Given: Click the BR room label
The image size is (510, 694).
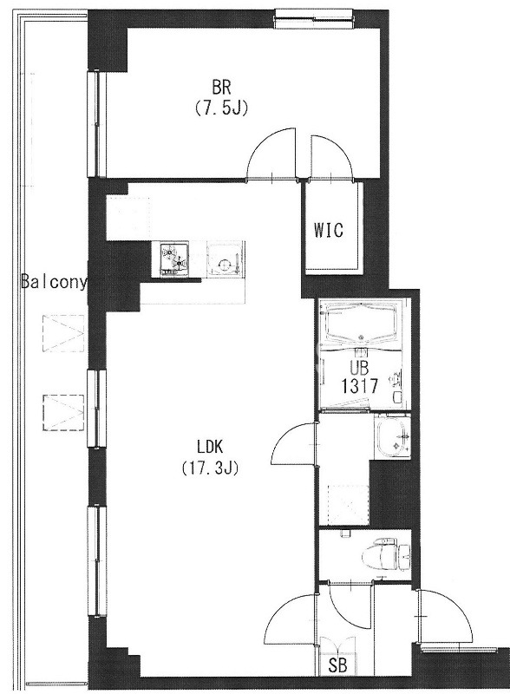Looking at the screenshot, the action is [x=221, y=88].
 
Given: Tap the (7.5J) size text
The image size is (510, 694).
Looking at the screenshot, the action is [x=221, y=108].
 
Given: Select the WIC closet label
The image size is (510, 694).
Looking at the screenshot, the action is [x=329, y=230].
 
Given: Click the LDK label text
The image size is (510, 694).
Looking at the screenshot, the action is [x=210, y=447].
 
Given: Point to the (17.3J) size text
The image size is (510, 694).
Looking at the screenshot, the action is [x=210, y=468].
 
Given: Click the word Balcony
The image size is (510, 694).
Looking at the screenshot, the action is [x=54, y=282].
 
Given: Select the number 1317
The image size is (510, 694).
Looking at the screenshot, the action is [x=360, y=386].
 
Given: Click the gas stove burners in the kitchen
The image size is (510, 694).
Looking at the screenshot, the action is [x=174, y=259].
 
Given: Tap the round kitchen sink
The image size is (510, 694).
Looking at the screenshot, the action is [x=225, y=265].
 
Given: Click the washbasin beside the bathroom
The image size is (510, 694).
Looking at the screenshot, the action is [x=392, y=436].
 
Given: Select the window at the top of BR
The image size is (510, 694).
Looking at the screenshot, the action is [x=314, y=17].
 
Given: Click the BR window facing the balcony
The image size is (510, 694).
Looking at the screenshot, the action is [x=96, y=123].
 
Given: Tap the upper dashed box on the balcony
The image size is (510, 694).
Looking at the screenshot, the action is [x=63, y=333].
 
